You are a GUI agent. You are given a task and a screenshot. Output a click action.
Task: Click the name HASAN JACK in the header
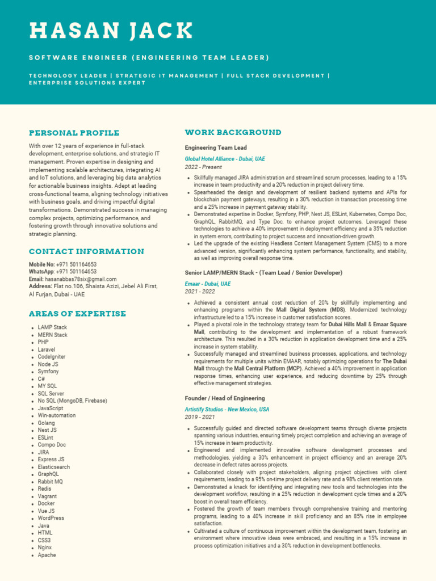[x=111, y=31]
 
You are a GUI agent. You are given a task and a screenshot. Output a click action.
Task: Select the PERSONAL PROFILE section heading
[x=74, y=133]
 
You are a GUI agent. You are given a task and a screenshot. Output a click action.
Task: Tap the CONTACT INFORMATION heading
[x=86, y=251]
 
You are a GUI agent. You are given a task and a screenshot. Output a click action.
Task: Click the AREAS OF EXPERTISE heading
[x=78, y=314]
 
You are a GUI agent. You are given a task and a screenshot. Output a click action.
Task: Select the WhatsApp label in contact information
[x=41, y=272]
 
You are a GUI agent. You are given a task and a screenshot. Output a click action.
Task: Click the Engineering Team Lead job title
[x=215, y=148]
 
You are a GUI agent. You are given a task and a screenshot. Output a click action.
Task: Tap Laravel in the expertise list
[x=47, y=350]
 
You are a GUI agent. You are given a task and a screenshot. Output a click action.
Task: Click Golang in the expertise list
[x=47, y=423]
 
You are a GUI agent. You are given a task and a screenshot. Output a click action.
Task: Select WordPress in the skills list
[x=51, y=518]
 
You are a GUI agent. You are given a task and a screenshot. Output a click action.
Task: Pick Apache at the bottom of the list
[x=47, y=555]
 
